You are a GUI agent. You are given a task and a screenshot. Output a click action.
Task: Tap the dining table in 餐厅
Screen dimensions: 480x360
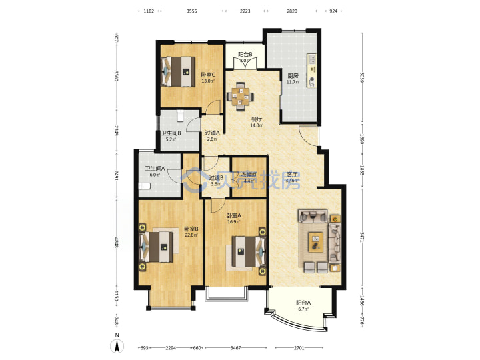click(x=240, y=97)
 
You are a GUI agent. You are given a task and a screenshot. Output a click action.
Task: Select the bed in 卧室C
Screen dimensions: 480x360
click(x=178, y=71)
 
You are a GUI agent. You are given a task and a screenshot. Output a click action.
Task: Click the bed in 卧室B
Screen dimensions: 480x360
click(x=157, y=247)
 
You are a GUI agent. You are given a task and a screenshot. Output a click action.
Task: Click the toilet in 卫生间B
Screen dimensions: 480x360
click(x=181, y=116)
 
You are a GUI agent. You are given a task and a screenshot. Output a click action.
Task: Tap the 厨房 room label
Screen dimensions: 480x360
click(x=293, y=76)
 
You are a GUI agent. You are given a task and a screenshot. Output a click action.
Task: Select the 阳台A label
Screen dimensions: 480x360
click(x=303, y=303)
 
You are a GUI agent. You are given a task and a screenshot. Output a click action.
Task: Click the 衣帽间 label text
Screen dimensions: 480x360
click(x=249, y=175)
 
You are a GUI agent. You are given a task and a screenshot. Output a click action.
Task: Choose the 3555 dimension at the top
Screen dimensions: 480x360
click(x=191, y=11)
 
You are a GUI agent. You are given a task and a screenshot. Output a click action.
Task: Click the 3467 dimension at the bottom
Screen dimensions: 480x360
click(x=235, y=348)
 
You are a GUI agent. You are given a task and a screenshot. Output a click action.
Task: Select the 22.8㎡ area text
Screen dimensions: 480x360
click(x=191, y=235)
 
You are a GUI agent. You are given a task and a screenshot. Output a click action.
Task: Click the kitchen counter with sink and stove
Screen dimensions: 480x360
click(x=311, y=71)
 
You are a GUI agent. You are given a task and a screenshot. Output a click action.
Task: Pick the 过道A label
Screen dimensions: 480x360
click(x=213, y=133)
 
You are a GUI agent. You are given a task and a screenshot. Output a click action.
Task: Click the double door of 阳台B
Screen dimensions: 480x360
click(x=245, y=63)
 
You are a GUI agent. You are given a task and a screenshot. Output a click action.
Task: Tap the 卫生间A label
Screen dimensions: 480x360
click(x=155, y=169)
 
